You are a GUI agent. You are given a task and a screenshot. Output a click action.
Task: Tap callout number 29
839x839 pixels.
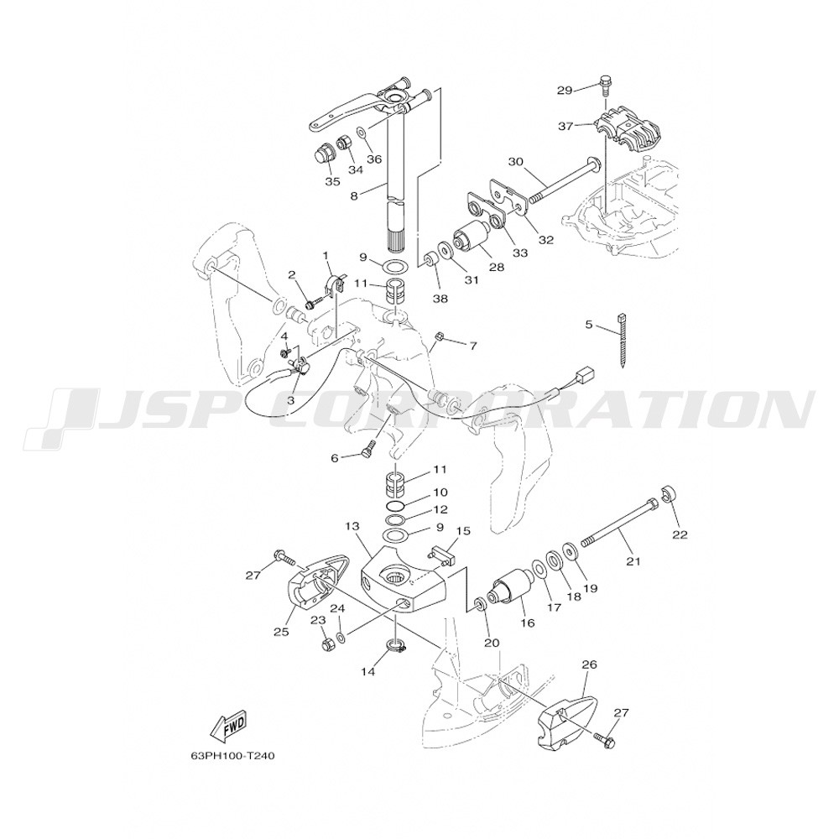pos(565,91)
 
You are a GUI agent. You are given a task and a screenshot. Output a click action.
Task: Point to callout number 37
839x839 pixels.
pos(565,127)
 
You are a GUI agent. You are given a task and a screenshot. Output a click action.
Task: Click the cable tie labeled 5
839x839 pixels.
pos(623,339)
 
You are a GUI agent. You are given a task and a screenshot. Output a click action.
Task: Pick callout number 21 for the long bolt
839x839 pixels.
pos(633,561)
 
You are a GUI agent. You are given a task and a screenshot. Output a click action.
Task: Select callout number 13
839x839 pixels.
pos(352,527)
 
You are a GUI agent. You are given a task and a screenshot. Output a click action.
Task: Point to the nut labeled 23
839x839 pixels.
pos(326,644)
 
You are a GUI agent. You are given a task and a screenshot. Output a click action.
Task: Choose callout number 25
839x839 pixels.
pos(281,632)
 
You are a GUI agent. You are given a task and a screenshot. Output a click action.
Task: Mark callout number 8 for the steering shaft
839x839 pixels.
pos(354,196)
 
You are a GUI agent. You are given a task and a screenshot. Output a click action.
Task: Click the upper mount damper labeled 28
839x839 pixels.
pos(471,236)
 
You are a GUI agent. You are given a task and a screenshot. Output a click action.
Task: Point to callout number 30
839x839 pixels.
pos(515,161)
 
